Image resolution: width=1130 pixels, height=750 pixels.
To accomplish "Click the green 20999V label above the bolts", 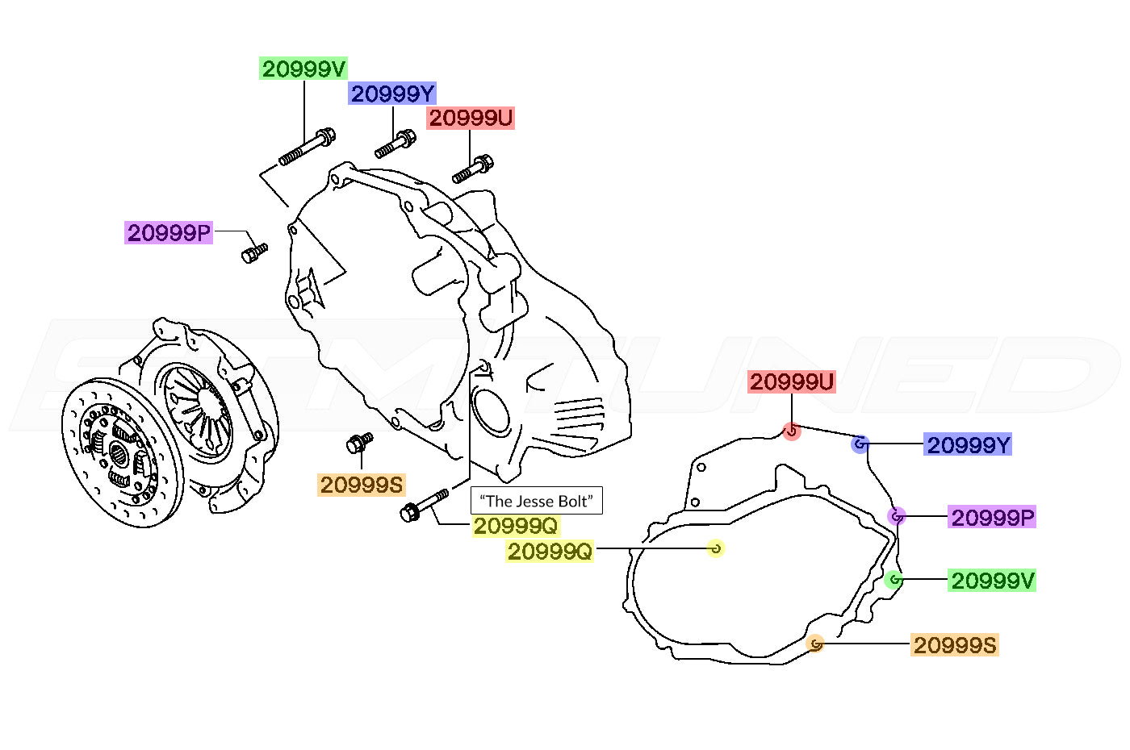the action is click(x=303, y=69).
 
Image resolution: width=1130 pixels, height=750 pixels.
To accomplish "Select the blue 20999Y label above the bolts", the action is click(x=392, y=94).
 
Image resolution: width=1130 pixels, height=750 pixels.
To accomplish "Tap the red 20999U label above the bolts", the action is click(x=470, y=118).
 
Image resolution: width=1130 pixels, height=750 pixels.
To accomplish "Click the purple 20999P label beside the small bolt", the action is click(x=169, y=232).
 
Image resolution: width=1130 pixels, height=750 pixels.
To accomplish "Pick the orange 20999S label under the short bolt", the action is click(x=362, y=485).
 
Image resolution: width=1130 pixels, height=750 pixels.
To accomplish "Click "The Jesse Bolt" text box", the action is click(x=536, y=501).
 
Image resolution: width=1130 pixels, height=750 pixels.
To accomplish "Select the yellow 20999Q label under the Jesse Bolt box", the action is click(x=516, y=526).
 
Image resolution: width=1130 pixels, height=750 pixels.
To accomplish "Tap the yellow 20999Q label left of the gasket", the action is click(x=550, y=552).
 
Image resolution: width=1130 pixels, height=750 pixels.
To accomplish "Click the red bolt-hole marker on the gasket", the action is click(x=792, y=431).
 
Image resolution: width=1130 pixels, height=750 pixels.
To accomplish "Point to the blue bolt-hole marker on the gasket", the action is click(x=860, y=444).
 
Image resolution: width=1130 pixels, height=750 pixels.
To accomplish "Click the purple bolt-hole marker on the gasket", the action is click(x=897, y=516).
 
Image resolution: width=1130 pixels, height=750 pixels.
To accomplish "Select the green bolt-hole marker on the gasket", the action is click(x=893, y=580).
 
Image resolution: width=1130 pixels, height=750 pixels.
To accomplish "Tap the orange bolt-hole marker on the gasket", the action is click(x=814, y=644).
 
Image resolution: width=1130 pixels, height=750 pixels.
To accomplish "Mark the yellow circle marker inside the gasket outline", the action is click(x=715, y=548).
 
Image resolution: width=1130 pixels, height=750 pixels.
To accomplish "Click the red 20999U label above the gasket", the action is click(x=792, y=381).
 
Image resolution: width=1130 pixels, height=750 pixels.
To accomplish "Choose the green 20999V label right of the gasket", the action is click(x=991, y=580).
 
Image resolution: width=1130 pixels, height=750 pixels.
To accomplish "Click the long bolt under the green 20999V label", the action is click(x=307, y=147).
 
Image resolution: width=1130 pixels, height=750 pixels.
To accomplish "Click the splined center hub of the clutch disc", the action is click(x=119, y=455).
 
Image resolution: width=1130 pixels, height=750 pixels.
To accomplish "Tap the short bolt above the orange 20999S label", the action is click(x=359, y=443).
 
